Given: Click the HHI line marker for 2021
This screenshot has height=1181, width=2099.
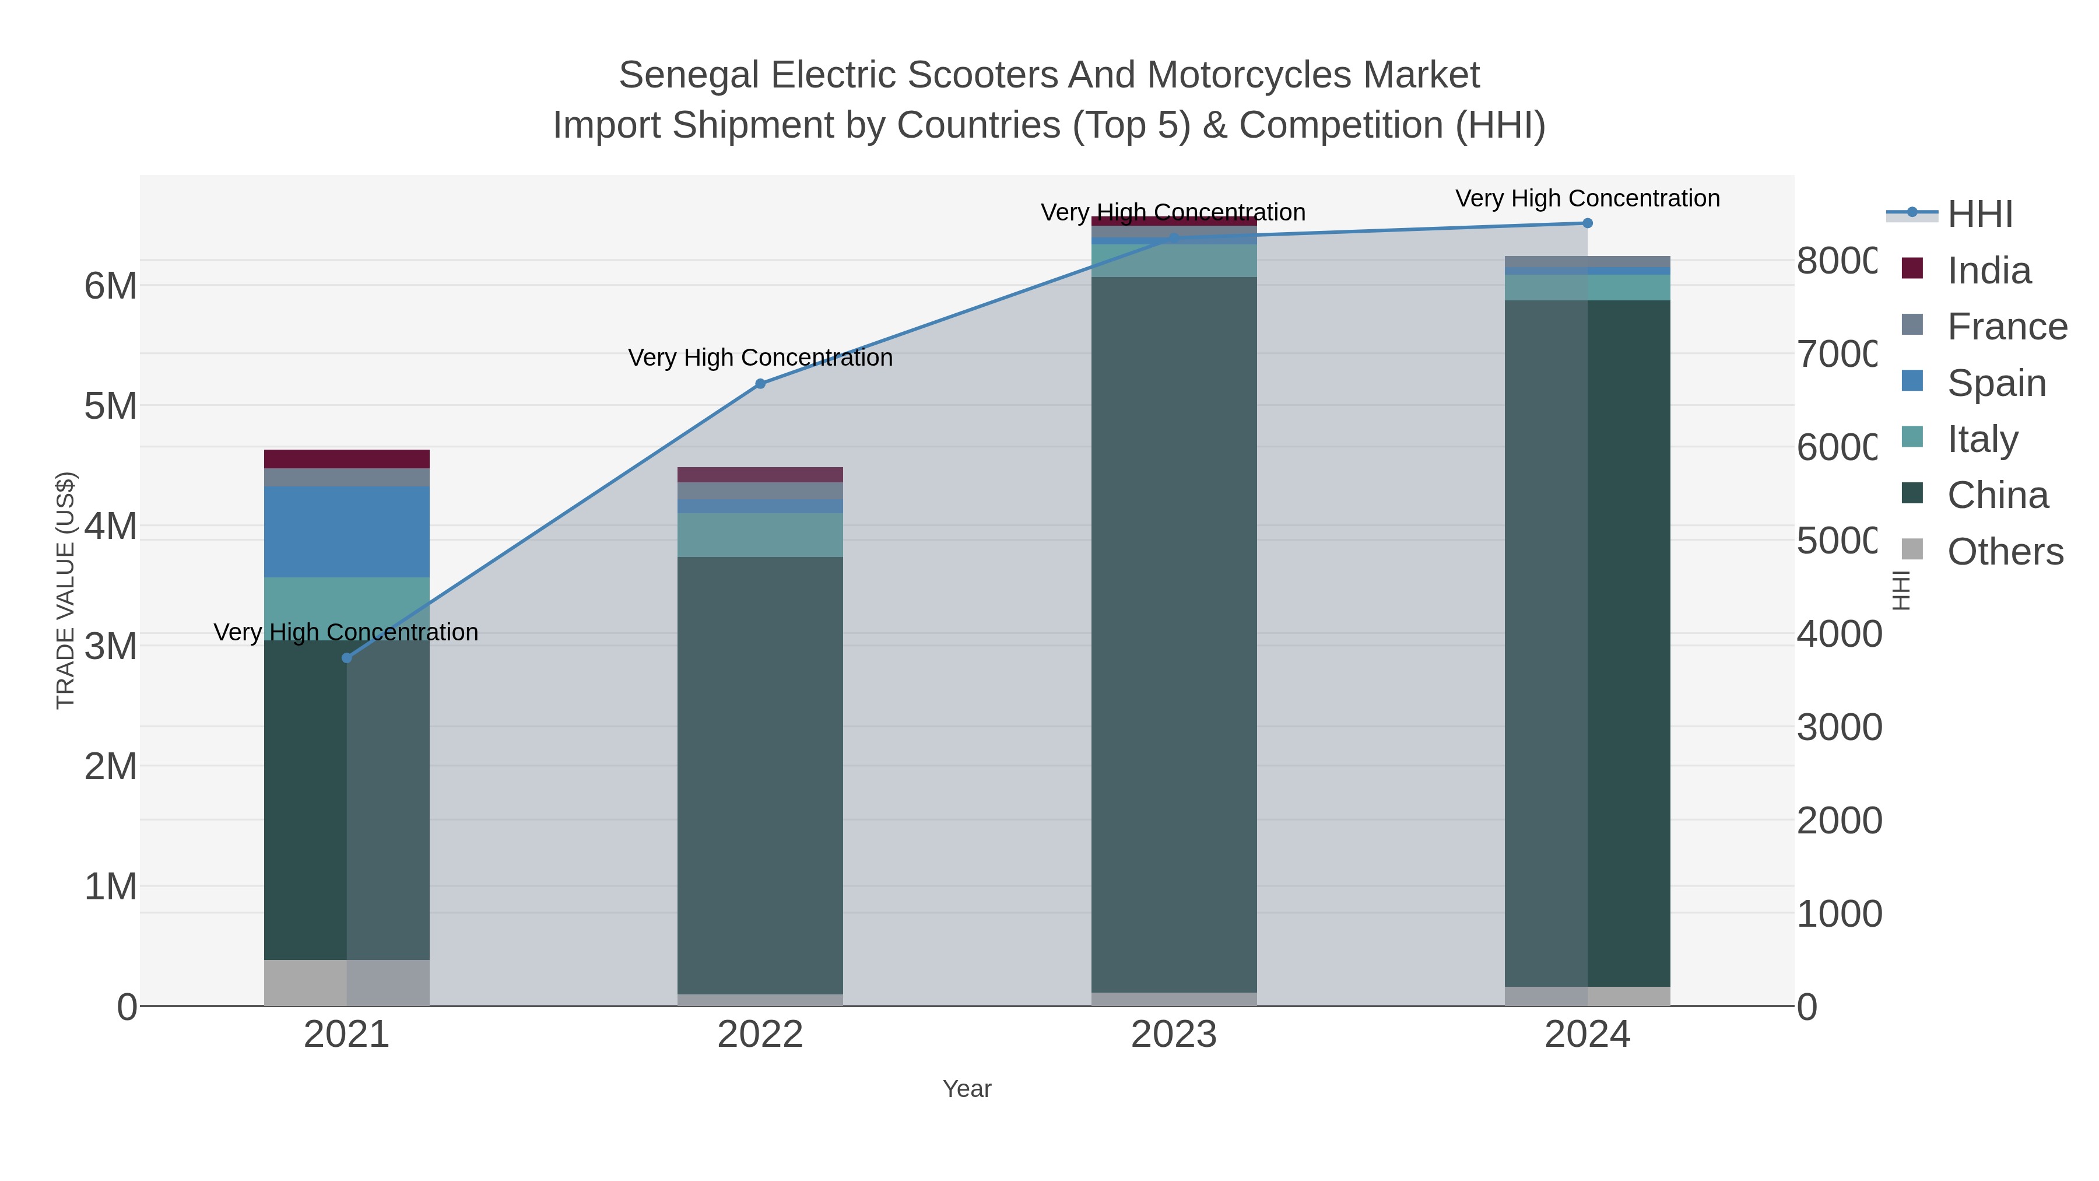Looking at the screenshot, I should click(x=346, y=658).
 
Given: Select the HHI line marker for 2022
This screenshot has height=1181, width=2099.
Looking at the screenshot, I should click(x=760, y=384).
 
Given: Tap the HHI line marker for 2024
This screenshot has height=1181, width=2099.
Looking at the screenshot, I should click(x=1587, y=223).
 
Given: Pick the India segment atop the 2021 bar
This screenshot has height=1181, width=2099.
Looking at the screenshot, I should click(x=346, y=459).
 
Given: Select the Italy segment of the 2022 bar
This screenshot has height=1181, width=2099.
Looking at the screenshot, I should click(x=760, y=535).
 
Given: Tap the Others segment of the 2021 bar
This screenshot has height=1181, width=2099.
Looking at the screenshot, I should click(x=346, y=982).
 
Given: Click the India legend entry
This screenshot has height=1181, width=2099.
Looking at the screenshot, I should click(x=1988, y=271).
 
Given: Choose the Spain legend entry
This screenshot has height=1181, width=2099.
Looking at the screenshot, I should click(x=1996, y=383).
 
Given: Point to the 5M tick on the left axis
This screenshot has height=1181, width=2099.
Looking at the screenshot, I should click(x=111, y=406).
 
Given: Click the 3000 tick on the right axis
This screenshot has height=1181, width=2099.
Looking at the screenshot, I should click(x=1839, y=727).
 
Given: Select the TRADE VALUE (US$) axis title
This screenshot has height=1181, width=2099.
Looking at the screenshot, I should click(x=65, y=590).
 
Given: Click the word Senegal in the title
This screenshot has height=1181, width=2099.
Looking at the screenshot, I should click(x=689, y=75).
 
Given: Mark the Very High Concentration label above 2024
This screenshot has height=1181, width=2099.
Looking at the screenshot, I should click(x=1587, y=198).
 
